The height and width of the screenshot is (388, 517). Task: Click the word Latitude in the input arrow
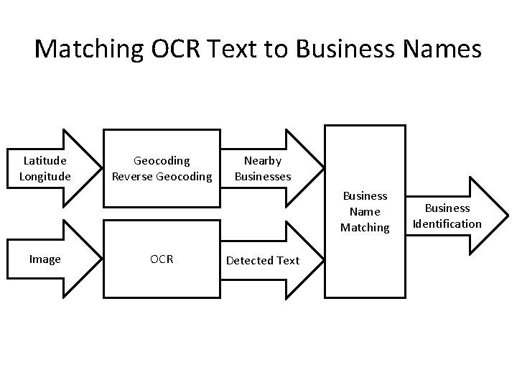pos(45,161)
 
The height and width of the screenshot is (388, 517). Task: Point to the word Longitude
pos(45,176)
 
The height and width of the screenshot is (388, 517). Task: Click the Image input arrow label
pos(45,259)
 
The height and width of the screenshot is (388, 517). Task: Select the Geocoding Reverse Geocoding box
pos(162,168)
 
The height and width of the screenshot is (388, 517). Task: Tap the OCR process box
pos(162,259)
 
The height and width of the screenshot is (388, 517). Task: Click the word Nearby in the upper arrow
pos(263,161)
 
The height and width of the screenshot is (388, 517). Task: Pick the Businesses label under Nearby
pos(263,176)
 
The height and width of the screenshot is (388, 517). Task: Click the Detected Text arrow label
pos(263,260)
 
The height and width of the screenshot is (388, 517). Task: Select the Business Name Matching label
pos(365,211)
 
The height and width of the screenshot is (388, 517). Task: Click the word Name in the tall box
pos(365,211)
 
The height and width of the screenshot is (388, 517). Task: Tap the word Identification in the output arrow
pos(447,223)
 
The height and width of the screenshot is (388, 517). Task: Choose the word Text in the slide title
pos(243,49)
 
